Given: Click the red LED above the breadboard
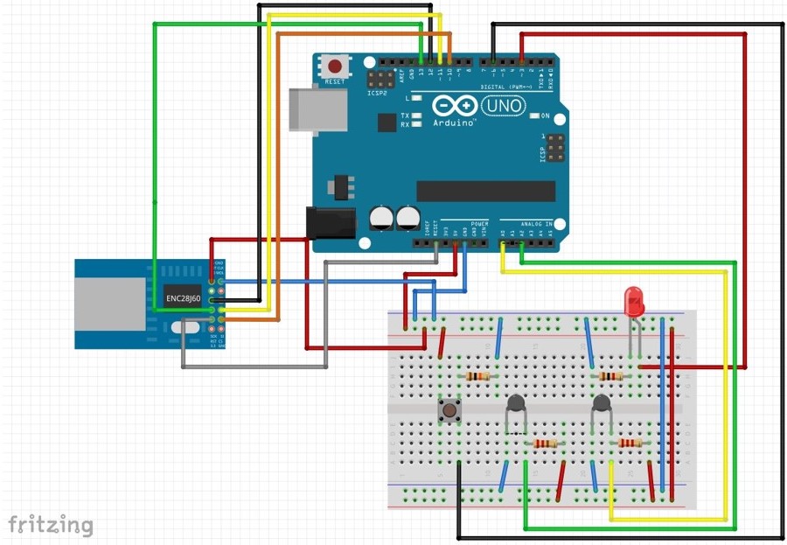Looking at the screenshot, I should coord(634,302).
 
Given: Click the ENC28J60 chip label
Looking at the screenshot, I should coord(184,298).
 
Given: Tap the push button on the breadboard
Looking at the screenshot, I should coord(449,409).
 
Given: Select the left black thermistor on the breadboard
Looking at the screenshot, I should coord(516,404).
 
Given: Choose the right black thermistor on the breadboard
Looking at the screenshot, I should coord(601,404).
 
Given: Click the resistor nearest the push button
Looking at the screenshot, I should coord(477,376).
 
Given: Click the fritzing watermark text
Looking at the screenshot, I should coord(51,525).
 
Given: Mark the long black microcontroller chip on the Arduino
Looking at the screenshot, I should coord(485,191).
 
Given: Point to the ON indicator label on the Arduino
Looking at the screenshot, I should coord(545,115).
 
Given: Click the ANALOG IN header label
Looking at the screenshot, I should coord(537,224).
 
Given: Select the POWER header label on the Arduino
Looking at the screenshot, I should coord(479,224).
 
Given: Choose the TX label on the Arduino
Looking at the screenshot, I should coord(405,115).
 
